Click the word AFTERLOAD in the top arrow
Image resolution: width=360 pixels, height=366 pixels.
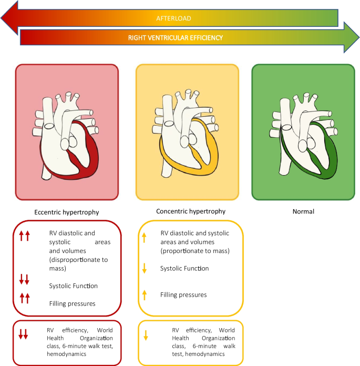(x=173, y=18)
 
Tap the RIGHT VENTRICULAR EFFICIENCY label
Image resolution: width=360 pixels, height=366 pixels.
(x=176, y=38)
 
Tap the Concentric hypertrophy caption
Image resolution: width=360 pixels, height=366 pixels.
(x=191, y=211)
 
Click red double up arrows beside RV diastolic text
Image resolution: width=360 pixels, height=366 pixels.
(x=25, y=237)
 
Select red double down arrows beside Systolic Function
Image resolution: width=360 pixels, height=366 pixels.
(x=25, y=279)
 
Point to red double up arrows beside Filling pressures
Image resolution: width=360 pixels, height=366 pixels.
(x=25, y=299)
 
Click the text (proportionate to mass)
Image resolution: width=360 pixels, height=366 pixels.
(x=195, y=251)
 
